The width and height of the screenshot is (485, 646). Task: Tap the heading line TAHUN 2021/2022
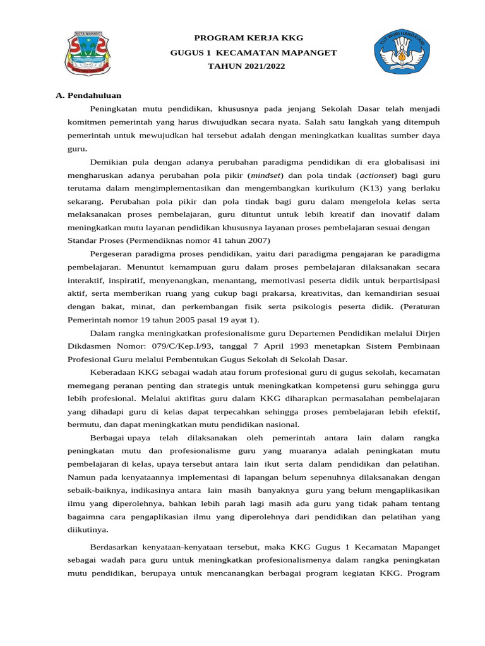point(242,66)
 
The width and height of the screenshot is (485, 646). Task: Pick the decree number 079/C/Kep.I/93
point(177,346)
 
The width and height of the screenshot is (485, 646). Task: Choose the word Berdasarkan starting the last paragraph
point(117,546)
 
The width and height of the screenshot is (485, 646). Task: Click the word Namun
point(80,477)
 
